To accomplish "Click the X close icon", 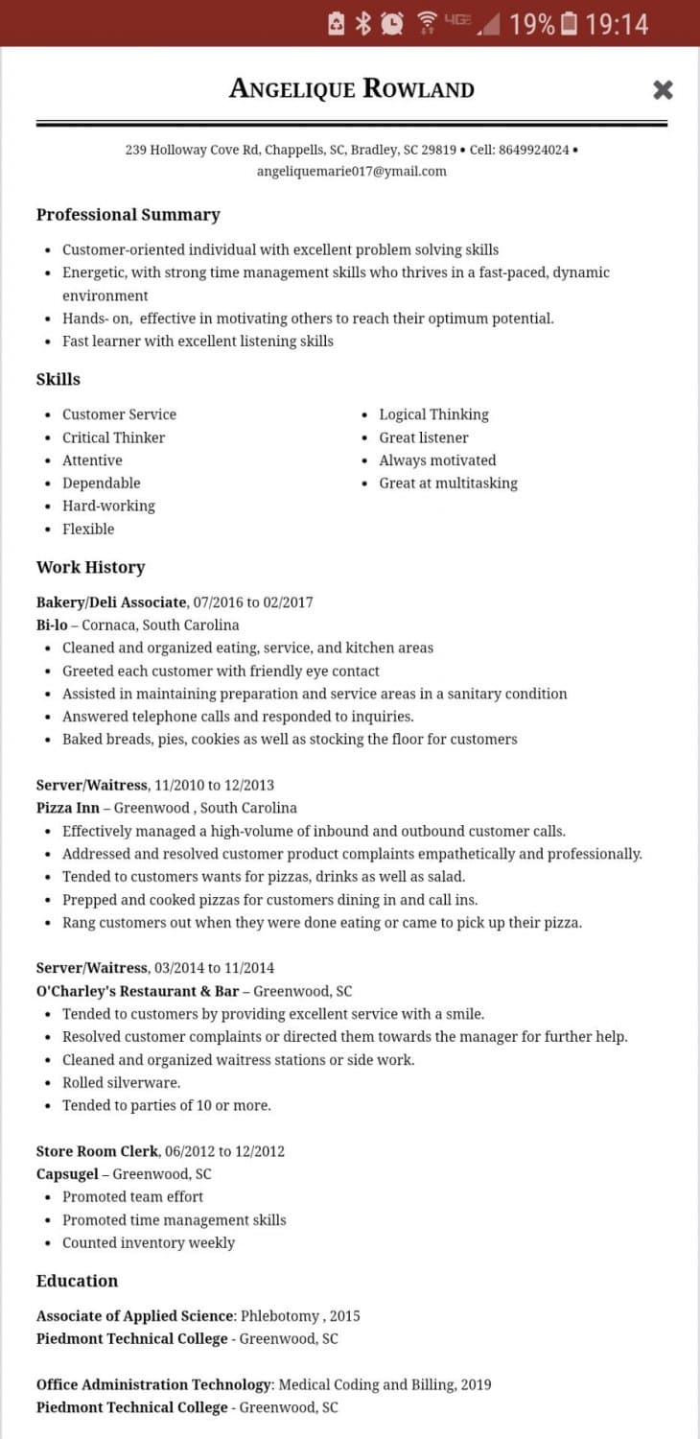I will tap(663, 90).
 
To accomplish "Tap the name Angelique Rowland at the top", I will tap(351, 89).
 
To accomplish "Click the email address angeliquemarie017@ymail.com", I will tap(351, 172).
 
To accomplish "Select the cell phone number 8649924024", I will tap(533, 150).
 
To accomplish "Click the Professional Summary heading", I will tap(128, 215).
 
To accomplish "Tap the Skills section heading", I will tap(58, 379).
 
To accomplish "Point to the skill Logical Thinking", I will tap(433, 414).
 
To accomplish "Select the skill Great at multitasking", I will tap(448, 484).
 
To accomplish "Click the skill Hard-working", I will tap(108, 506).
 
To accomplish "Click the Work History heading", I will tap(90, 567).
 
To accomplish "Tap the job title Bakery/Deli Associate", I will tap(111, 602).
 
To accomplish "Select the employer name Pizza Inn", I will tap(68, 808).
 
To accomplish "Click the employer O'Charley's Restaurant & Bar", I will tap(137, 991).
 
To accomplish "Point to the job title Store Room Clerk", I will tap(97, 1151).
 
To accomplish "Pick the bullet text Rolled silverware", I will tap(121, 1083).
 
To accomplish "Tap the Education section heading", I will tap(77, 1281).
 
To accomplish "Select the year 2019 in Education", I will tap(475, 1384).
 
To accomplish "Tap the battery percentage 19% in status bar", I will tap(532, 24).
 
